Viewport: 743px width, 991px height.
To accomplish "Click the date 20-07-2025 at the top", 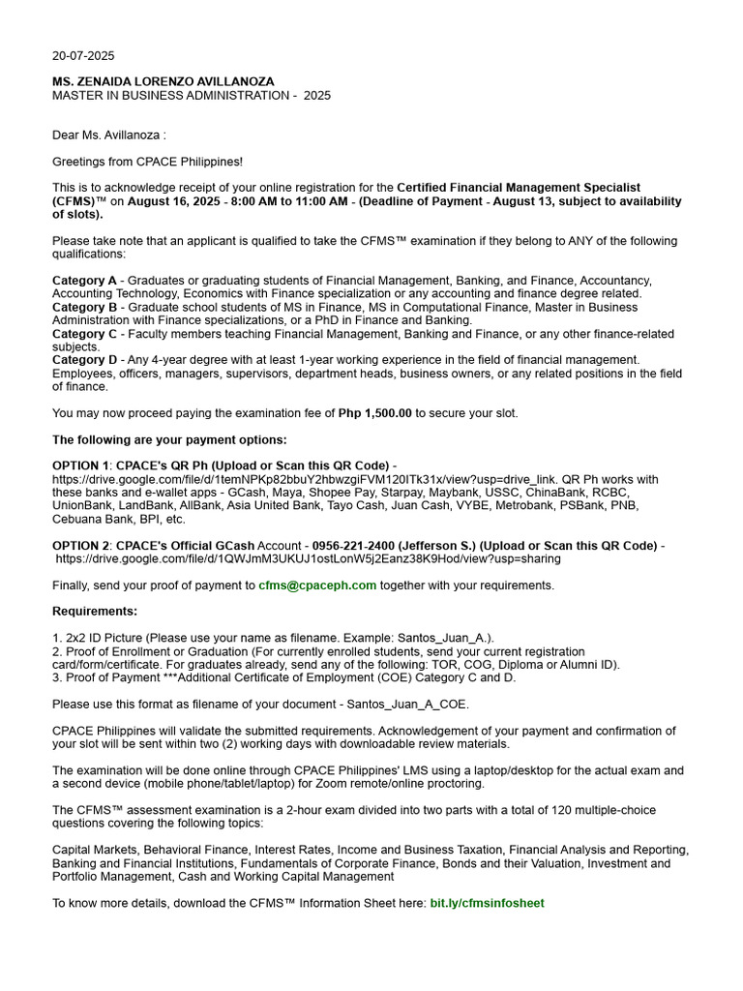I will click(83, 55).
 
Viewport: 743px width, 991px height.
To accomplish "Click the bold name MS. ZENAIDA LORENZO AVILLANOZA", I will click(163, 81).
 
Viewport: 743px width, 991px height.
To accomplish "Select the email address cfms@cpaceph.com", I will click(317, 586).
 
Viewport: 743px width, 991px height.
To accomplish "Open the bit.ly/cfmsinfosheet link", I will click(487, 903).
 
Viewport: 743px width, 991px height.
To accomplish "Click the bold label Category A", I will click(84, 281).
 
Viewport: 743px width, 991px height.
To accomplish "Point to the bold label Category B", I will click(84, 307).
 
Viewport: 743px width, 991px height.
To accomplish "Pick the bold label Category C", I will click(84, 334).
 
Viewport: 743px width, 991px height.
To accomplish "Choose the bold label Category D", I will click(84, 360).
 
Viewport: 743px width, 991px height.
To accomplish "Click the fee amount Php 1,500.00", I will click(374, 413).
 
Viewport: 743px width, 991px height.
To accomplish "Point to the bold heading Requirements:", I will click(95, 612).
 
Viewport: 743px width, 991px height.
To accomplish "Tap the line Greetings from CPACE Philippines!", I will click(147, 162).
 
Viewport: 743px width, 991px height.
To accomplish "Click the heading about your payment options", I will click(169, 439).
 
